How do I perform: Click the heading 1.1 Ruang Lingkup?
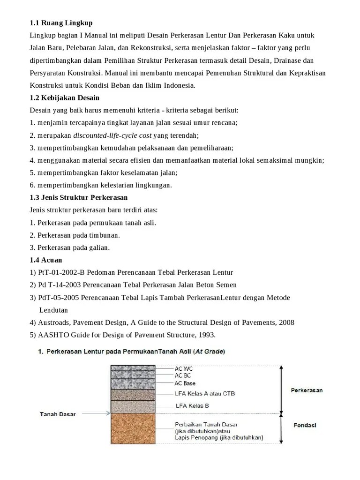click(x=61, y=23)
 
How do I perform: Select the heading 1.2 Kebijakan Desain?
click(x=64, y=98)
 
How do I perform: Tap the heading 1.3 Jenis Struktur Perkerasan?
click(x=78, y=197)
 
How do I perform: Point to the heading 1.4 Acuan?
click(x=46, y=260)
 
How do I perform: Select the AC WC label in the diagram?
click(x=183, y=369)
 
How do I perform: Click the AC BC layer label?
click(x=183, y=375)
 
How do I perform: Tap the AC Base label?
click(x=185, y=383)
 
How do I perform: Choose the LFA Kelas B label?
click(x=192, y=406)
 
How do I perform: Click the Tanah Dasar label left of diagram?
click(x=58, y=414)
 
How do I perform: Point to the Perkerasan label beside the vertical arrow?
click(x=307, y=390)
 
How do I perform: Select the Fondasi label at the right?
click(x=305, y=426)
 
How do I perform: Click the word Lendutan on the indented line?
click(x=53, y=310)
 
